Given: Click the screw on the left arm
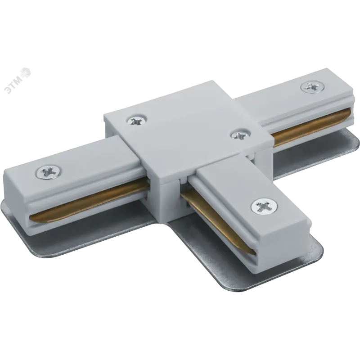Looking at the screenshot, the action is click(50, 171).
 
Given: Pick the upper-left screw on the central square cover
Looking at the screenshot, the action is click(137, 121).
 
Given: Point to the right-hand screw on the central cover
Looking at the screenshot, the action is click(240, 134).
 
